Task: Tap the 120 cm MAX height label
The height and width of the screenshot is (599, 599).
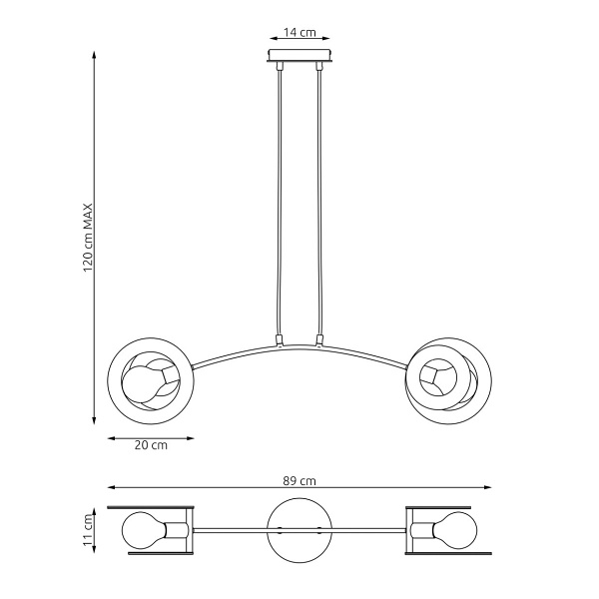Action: click(x=88, y=238)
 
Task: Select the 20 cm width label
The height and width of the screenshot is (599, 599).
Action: click(x=151, y=445)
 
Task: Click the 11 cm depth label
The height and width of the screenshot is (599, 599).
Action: click(x=88, y=530)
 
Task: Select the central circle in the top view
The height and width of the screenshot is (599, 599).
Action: click(x=299, y=528)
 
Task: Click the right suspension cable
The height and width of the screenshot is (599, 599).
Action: click(x=320, y=200)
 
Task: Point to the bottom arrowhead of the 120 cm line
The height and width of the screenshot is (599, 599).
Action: click(x=95, y=422)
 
